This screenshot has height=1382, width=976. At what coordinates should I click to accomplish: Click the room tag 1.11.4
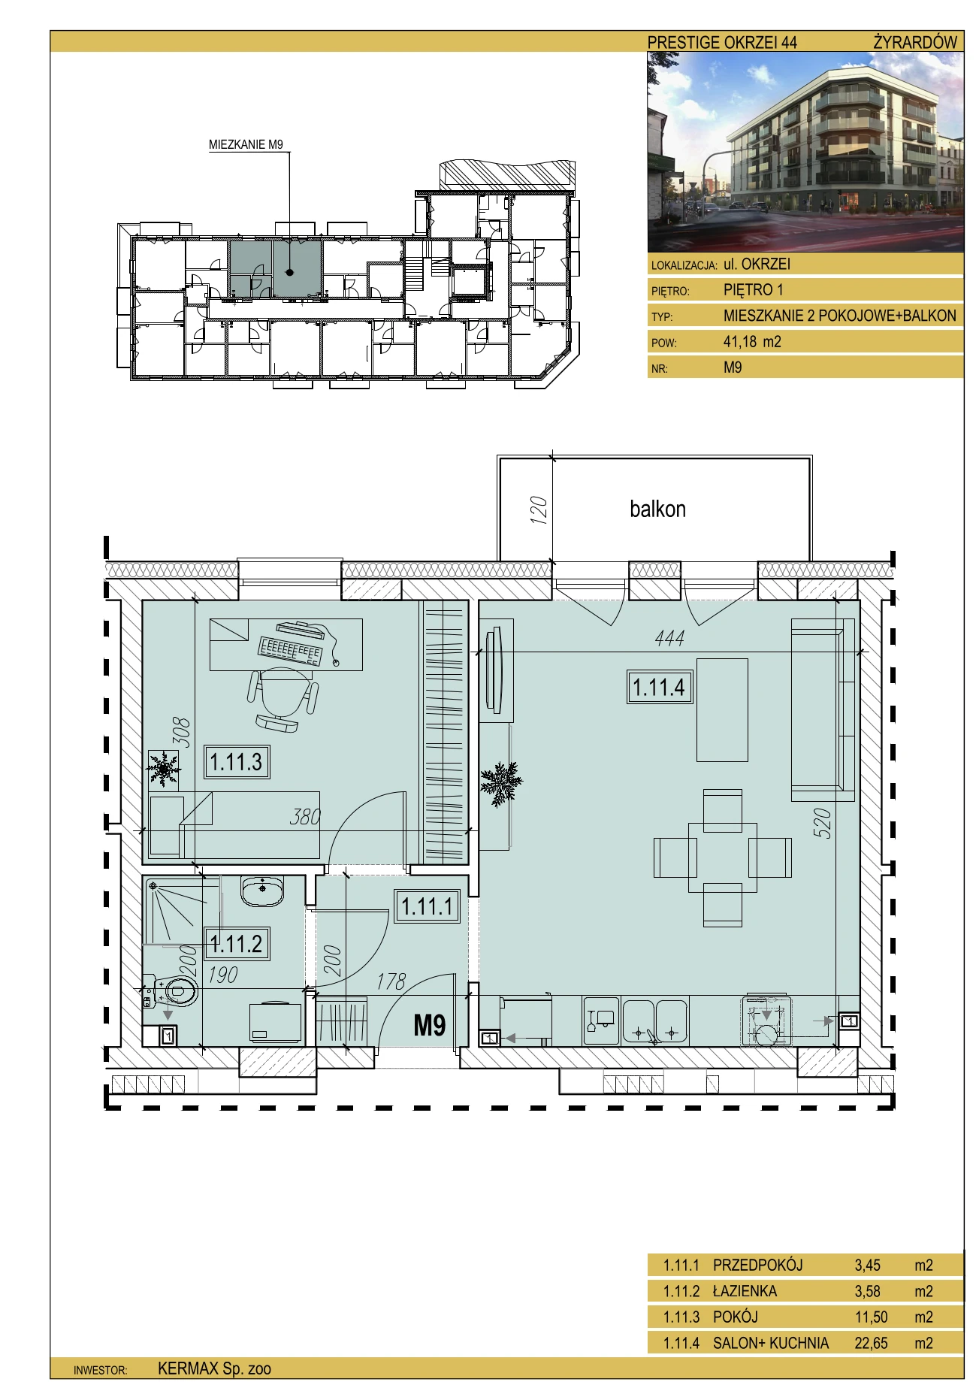659,687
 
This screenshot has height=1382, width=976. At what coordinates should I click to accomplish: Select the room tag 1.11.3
237,761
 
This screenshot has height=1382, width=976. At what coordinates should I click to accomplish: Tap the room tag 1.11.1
427,906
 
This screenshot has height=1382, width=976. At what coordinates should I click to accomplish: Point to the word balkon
657,509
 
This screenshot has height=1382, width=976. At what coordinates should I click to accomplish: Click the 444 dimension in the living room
669,638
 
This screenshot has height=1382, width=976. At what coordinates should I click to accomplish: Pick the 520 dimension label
822,823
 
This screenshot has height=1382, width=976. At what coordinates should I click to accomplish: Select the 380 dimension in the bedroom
305,816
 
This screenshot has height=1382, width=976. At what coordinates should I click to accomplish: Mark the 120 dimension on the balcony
539,510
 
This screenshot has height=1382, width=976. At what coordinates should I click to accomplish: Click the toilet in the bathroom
171,992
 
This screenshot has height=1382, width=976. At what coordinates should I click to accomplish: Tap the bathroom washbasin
262,891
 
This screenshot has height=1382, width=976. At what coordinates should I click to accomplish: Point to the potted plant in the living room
500,782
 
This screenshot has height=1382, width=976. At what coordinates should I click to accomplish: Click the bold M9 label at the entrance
430,1025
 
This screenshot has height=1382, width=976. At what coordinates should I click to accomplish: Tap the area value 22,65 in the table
871,1343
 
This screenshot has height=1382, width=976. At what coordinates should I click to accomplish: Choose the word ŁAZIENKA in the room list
745,1291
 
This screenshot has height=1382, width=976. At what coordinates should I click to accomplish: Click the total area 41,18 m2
752,342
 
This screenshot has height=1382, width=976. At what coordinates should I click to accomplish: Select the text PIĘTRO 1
754,289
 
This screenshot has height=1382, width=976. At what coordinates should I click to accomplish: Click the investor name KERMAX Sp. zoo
214,1368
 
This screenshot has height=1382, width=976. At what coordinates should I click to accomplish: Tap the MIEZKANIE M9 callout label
246,145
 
